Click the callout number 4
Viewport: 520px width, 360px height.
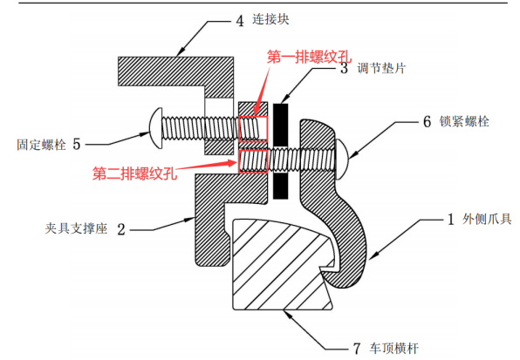(x=240, y=21)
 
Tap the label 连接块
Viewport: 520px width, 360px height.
(x=270, y=19)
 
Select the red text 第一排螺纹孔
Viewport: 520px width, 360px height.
(x=309, y=58)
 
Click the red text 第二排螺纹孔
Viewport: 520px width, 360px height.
(x=134, y=173)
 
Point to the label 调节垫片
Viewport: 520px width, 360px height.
(x=381, y=68)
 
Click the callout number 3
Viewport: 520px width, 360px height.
(x=345, y=68)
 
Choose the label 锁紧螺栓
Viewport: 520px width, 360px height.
(x=464, y=121)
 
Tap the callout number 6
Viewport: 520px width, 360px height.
(x=428, y=121)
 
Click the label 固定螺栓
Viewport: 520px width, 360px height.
(x=42, y=145)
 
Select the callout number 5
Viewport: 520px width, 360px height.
(x=77, y=144)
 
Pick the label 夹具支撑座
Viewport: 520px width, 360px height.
(x=76, y=228)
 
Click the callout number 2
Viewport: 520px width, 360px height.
(x=121, y=229)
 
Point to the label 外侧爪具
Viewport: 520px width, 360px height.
(x=487, y=219)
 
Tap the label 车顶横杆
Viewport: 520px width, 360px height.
(x=394, y=349)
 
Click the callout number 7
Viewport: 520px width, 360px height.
(x=357, y=349)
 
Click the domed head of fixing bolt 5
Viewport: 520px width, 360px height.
(x=156, y=128)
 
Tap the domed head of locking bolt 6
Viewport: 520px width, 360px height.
(x=342, y=160)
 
